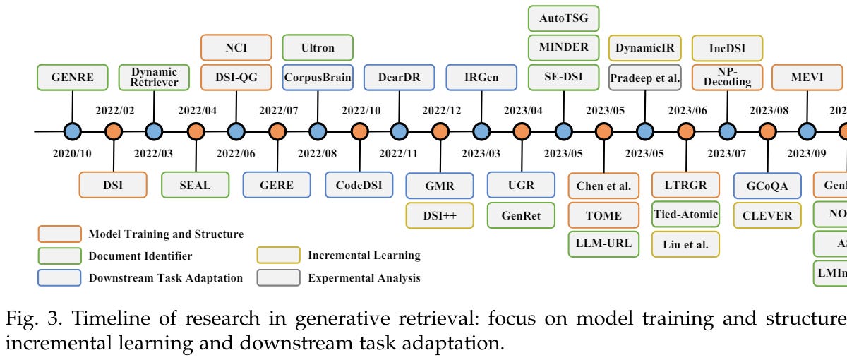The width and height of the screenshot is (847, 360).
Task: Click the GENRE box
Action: tap(73, 78)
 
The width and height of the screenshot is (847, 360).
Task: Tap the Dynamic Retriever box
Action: tap(154, 78)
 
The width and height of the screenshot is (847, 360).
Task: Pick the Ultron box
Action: tap(318, 47)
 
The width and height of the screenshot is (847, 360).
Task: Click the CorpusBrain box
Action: tap(318, 78)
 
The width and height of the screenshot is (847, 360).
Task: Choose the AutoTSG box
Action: tap(563, 18)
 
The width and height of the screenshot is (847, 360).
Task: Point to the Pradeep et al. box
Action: tap(645, 78)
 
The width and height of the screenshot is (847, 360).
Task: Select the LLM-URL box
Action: tap(603, 244)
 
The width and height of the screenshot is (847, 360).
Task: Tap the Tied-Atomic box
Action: tap(685, 215)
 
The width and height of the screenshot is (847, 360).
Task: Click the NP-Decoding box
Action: tap(726, 78)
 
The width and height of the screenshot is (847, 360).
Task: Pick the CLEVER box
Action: tap(767, 215)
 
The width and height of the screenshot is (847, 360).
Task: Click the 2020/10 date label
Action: tap(73, 152)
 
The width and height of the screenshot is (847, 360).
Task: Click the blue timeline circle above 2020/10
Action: tap(73, 131)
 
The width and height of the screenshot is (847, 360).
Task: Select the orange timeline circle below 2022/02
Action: tap(113, 131)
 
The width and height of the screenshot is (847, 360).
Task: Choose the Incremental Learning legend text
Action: tap(364, 255)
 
